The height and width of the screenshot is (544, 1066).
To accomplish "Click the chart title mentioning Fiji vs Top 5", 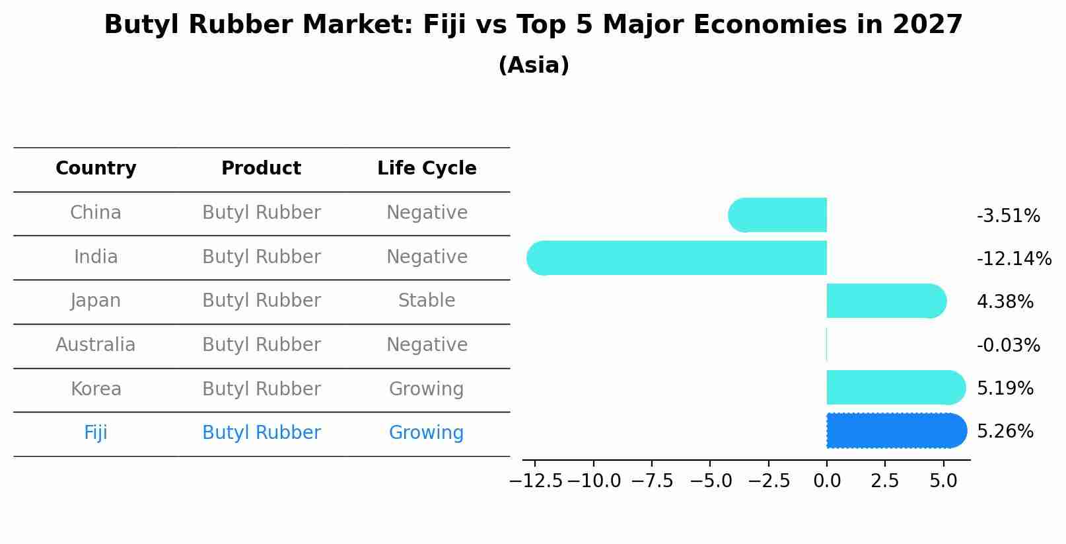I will click(x=533, y=25).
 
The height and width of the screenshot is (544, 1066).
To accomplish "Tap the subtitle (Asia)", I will click(x=533, y=65).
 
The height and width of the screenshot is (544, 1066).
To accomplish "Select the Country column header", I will click(x=96, y=169).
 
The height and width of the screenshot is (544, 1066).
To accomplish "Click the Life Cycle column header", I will click(x=427, y=169).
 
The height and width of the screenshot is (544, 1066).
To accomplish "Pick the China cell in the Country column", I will click(x=96, y=213).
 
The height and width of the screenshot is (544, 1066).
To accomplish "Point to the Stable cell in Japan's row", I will click(x=427, y=301).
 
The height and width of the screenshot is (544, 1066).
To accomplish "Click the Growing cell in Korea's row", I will click(x=427, y=389).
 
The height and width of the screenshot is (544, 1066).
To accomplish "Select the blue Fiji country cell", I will click(x=96, y=433).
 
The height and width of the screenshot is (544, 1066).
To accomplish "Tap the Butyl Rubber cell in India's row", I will click(x=262, y=256).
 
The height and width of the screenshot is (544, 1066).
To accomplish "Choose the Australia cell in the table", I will click(x=96, y=345).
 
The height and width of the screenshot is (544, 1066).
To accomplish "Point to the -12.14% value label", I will click(x=1014, y=259).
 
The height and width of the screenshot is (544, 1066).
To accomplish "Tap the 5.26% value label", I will click(x=1005, y=432).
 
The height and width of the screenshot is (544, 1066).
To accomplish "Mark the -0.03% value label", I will click(x=1008, y=346).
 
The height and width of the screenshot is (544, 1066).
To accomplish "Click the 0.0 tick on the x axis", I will click(x=827, y=481).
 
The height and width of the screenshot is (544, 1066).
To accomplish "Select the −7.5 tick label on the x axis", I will click(x=652, y=481).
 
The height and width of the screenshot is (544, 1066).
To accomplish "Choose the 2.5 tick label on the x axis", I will click(x=885, y=481).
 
